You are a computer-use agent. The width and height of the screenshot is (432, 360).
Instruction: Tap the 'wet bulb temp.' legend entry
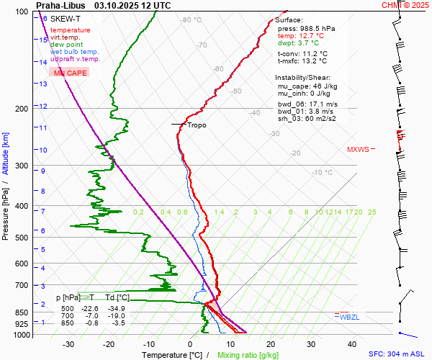pos(75,52)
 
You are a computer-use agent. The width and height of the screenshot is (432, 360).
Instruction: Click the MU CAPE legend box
pos(70,73)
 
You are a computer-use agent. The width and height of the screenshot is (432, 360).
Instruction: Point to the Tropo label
pos(197,125)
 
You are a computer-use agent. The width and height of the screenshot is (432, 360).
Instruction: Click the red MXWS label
pos(358,150)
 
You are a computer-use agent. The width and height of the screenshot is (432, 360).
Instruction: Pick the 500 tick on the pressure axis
pos(24,238)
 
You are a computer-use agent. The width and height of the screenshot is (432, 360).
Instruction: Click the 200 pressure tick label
pos(24,109)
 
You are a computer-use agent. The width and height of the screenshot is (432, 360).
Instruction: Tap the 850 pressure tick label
pos(24,313)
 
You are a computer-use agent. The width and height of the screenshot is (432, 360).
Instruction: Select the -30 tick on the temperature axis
pos(68,344)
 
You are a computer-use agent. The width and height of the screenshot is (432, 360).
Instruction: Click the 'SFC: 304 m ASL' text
pos(399,355)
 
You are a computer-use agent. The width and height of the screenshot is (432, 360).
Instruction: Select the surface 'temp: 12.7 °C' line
pos(301,35)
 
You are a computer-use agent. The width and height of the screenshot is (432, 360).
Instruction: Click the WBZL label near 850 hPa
pos(349,317)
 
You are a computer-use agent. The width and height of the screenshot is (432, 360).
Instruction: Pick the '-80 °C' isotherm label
pos(192,20)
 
